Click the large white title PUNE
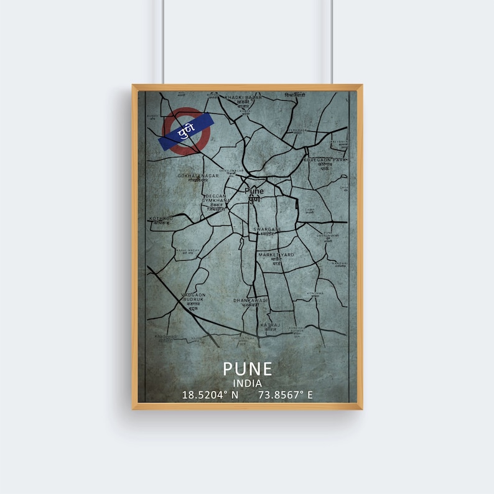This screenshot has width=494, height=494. click(x=248, y=369)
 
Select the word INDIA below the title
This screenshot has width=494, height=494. click(x=248, y=383)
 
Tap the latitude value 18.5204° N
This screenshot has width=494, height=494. click(x=210, y=394)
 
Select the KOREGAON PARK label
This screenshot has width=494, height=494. click(x=324, y=160)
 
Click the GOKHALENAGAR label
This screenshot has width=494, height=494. click(x=198, y=176)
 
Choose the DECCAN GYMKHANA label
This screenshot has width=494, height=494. click(x=216, y=198)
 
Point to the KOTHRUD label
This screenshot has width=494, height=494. click(x=162, y=218)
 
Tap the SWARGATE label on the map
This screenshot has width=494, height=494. click(x=268, y=230)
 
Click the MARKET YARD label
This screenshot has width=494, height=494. click(x=276, y=255)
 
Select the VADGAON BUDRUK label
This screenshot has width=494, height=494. click(x=193, y=297)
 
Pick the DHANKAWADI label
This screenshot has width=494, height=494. click(x=251, y=300)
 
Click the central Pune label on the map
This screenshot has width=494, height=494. click(x=254, y=191)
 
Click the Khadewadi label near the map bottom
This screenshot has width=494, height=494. click(x=166, y=337)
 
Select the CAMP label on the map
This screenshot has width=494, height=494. click(x=309, y=210)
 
